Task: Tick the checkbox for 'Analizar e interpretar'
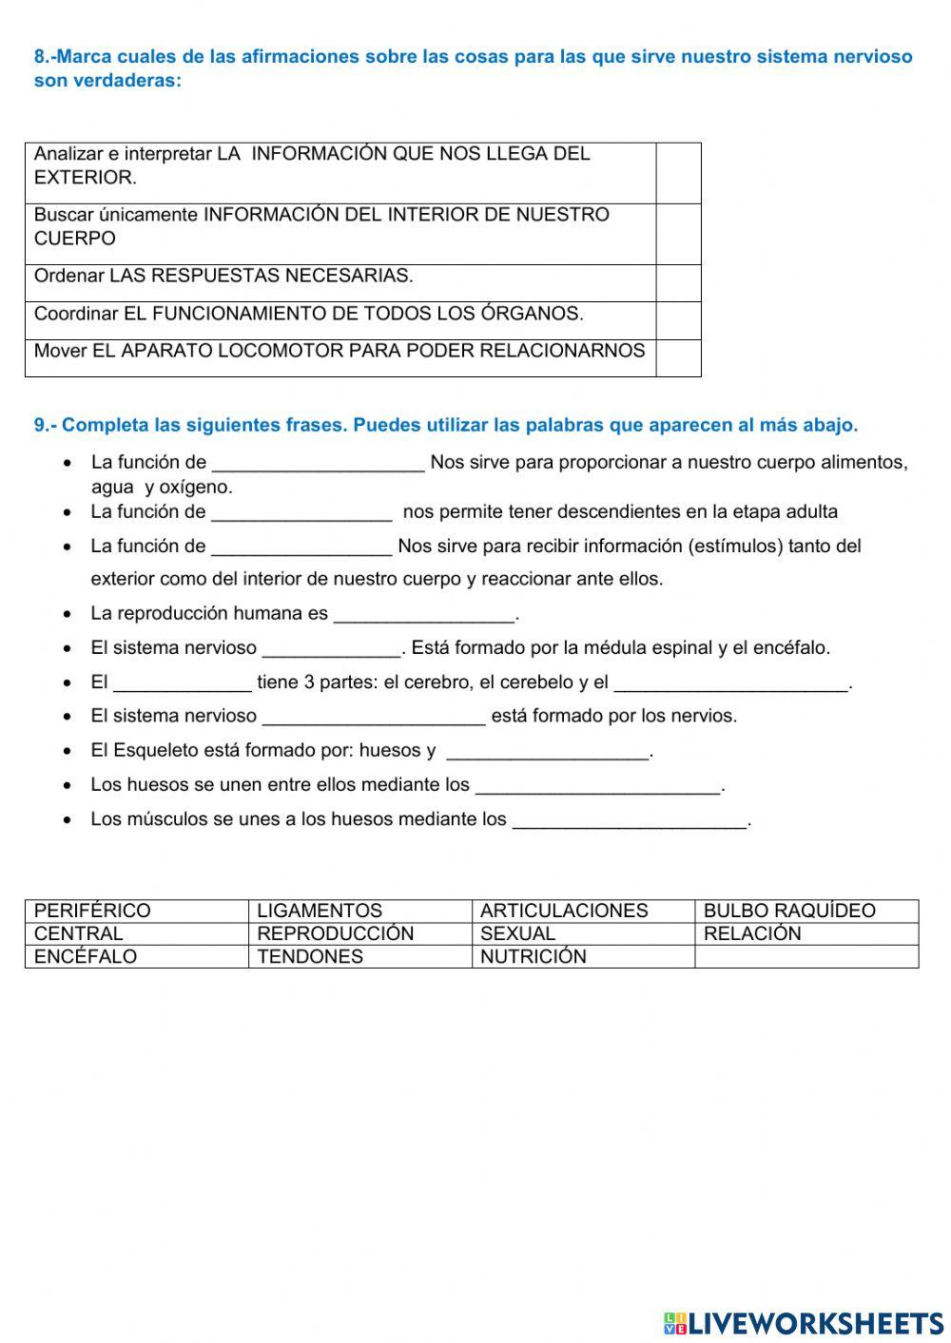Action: click(678, 173)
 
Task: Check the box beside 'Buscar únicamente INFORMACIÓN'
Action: click(678, 234)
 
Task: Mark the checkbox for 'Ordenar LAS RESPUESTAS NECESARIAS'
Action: click(678, 283)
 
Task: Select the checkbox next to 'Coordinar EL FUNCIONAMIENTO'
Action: click(678, 320)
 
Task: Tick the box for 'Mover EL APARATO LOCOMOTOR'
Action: click(678, 357)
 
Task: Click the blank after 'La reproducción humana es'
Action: click(424, 614)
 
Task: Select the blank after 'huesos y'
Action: click(548, 751)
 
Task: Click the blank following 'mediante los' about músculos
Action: click(630, 819)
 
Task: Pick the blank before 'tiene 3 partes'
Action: click(183, 682)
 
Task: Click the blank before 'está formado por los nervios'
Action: click(374, 717)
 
